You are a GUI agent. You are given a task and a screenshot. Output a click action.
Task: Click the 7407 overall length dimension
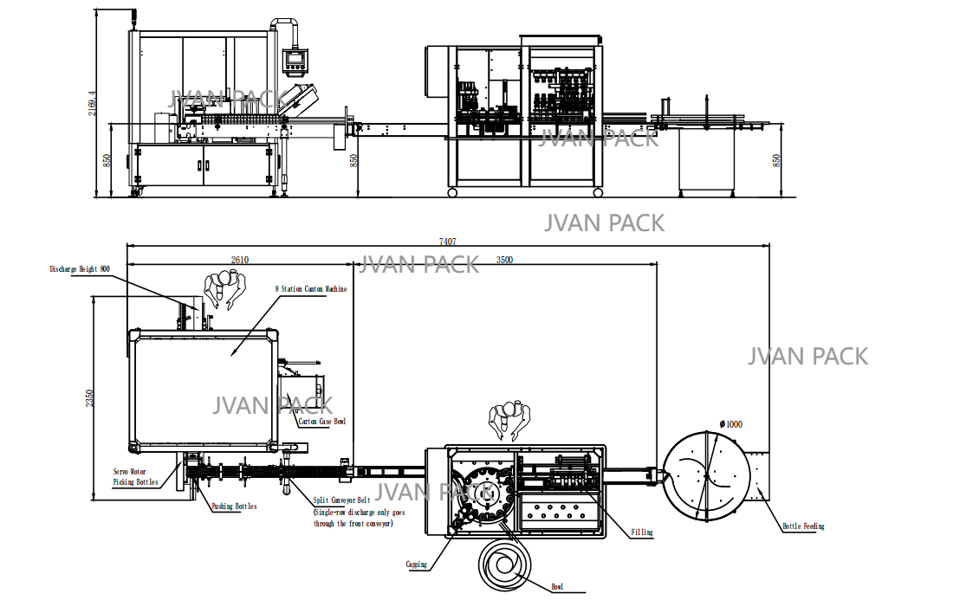click(447, 242)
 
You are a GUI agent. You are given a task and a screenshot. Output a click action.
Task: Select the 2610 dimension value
click(240, 259)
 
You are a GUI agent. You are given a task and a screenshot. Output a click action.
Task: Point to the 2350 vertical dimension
click(89, 397)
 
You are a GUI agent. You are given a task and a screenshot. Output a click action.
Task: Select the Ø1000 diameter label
click(729, 424)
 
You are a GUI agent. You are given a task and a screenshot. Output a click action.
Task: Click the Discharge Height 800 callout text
click(80, 269)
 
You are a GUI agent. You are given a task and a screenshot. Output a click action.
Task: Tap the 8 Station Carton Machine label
click(311, 288)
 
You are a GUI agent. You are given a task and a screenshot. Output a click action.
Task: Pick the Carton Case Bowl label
click(321, 422)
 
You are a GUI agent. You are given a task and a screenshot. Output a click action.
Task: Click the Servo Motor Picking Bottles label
click(136, 477)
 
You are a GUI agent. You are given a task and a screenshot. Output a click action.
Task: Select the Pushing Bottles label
click(234, 506)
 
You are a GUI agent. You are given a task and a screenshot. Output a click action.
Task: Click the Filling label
click(642, 532)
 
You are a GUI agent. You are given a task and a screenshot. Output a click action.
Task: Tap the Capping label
click(417, 565)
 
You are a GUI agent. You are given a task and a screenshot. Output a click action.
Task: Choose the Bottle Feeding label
click(803, 526)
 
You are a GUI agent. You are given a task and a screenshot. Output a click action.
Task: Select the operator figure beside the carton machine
click(224, 290)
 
